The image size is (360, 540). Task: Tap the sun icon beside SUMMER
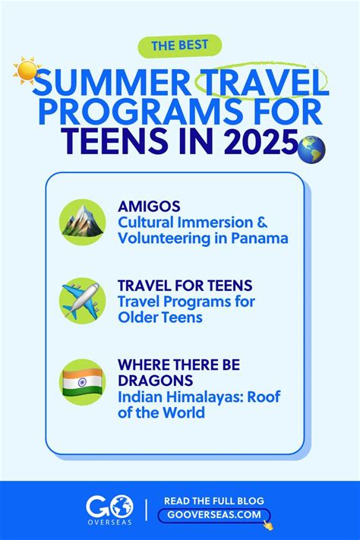[28, 72]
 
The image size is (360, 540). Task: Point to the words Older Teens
[160, 317]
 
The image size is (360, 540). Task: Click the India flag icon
[82, 381]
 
